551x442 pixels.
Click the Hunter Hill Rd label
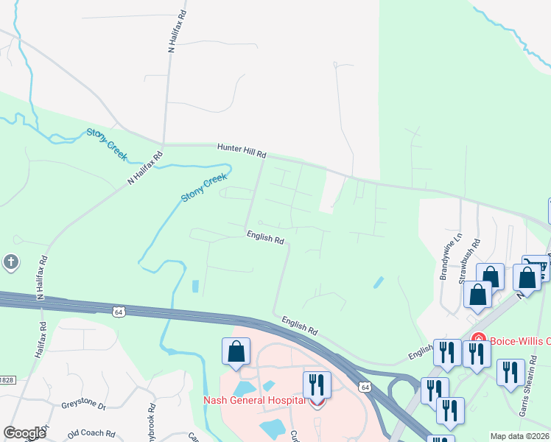click(241, 151)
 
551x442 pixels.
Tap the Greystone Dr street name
click(84, 406)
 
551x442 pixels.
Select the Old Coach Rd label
click(91, 434)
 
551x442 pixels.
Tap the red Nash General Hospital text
click(254, 400)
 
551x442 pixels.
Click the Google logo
click(25, 433)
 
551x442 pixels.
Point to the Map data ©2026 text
click(520, 436)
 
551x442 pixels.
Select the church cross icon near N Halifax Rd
click(11, 262)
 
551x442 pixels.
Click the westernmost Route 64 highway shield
click(118, 312)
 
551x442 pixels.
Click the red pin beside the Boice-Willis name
click(477, 340)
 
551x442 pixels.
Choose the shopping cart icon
click(536, 267)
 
